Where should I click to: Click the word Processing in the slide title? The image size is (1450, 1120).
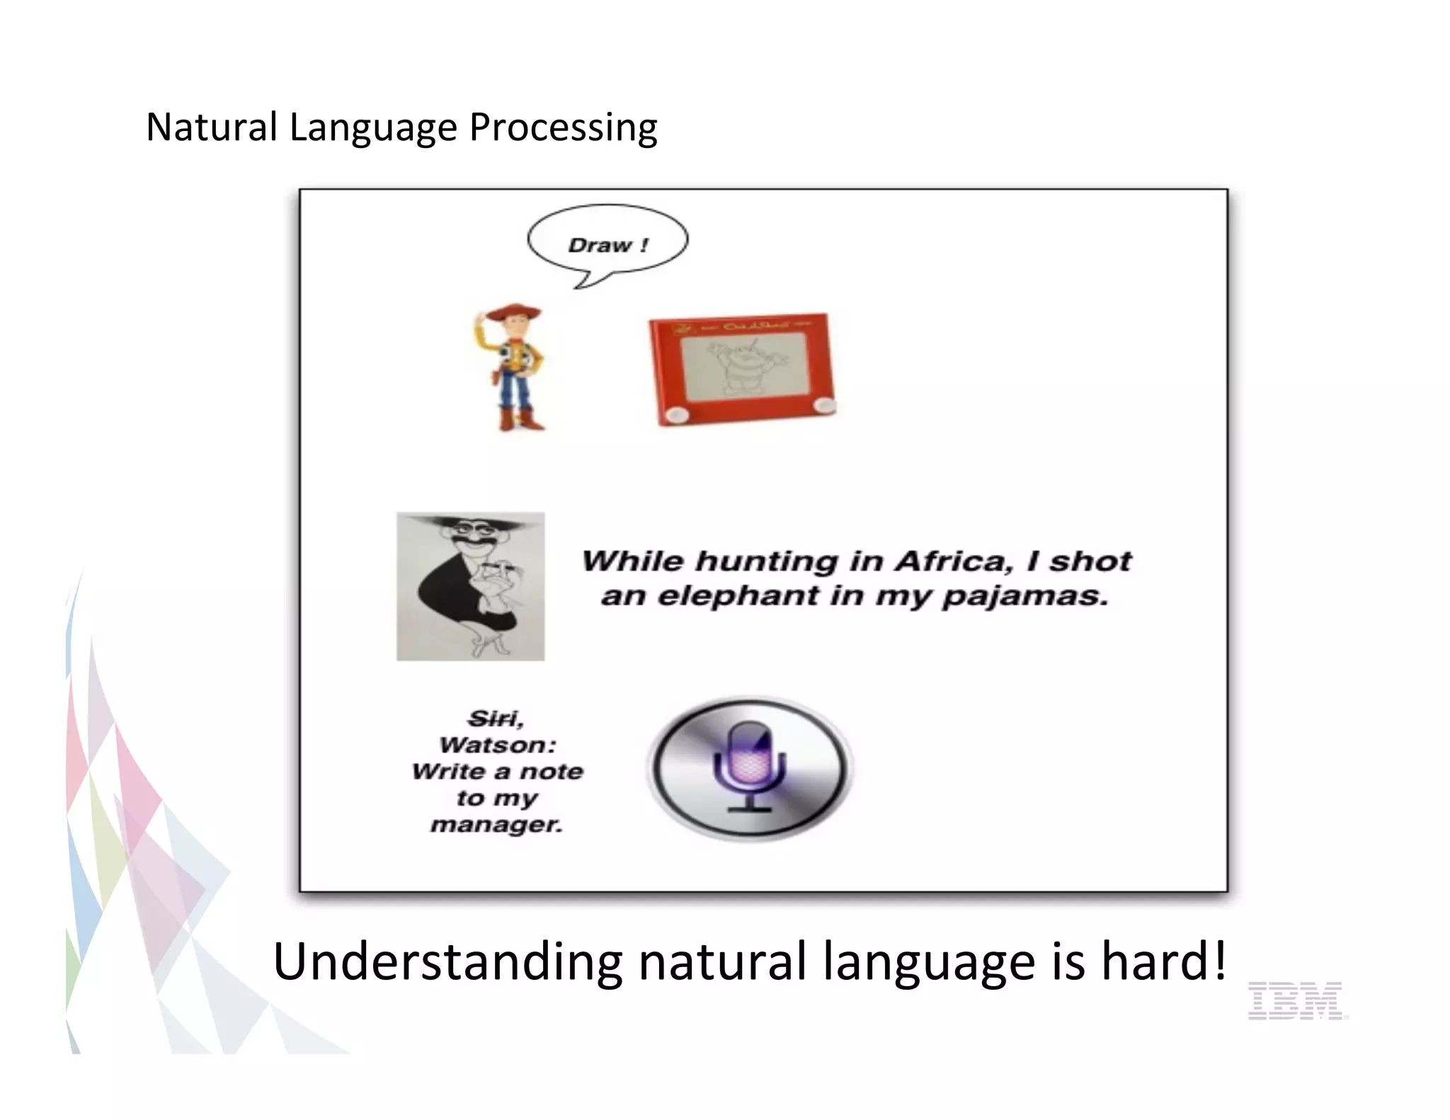click(x=563, y=127)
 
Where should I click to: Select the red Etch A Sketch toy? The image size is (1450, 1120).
click(x=741, y=369)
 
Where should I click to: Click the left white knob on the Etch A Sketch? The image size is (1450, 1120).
click(x=678, y=413)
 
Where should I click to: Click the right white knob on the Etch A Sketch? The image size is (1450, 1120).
click(x=823, y=405)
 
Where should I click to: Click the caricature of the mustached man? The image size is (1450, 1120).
click(x=471, y=586)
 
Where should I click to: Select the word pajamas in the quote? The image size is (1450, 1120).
click(x=1024, y=596)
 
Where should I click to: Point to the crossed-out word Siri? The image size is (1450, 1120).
click(x=493, y=719)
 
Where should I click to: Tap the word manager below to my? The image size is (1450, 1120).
click(x=496, y=825)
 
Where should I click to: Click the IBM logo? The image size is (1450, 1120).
click(x=1294, y=1000)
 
